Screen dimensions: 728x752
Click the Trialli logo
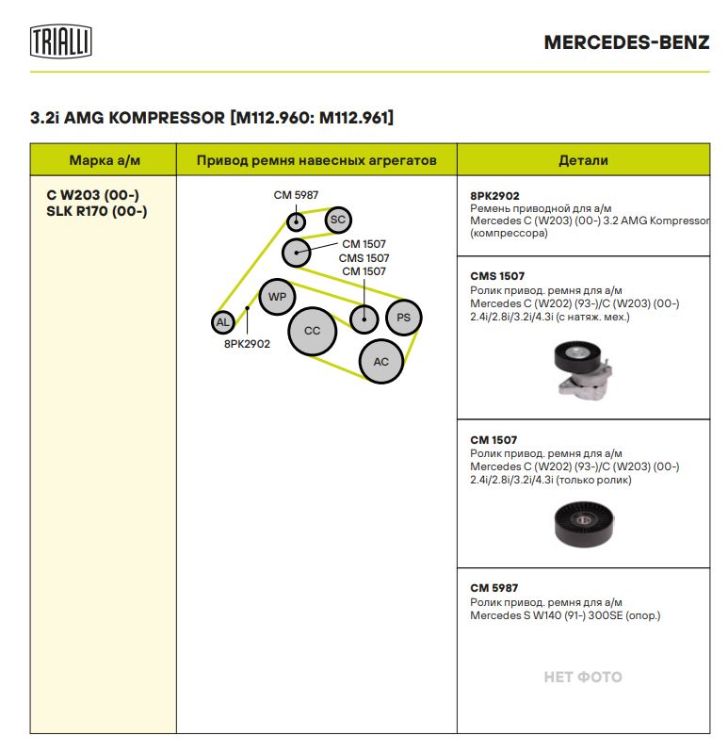pos(61,41)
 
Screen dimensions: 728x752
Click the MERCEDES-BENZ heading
pos(626,42)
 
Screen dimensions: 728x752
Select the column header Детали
pos(583,160)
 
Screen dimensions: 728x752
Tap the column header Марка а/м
pos(105,160)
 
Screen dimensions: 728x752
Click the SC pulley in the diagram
pos(338,220)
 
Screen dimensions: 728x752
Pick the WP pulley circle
pos(277,297)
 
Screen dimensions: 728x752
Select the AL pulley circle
pos(223,322)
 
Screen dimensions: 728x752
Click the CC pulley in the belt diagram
pos(313,331)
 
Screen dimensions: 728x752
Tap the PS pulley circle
pos(403,318)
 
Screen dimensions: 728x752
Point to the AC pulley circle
pos(381,362)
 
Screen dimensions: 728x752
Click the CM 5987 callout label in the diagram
pos(296,195)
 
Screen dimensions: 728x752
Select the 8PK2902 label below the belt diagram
pos(247,344)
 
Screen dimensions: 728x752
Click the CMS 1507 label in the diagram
pos(364,258)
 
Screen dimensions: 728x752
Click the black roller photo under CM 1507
pos(583,524)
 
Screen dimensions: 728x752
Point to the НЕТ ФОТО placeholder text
pos(583,677)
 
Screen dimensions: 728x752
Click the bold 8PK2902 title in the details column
pos(494,196)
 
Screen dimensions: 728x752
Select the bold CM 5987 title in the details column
pos(494,588)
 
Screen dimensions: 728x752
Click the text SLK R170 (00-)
pos(97,211)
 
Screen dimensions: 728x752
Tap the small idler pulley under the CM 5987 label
pos(296,221)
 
